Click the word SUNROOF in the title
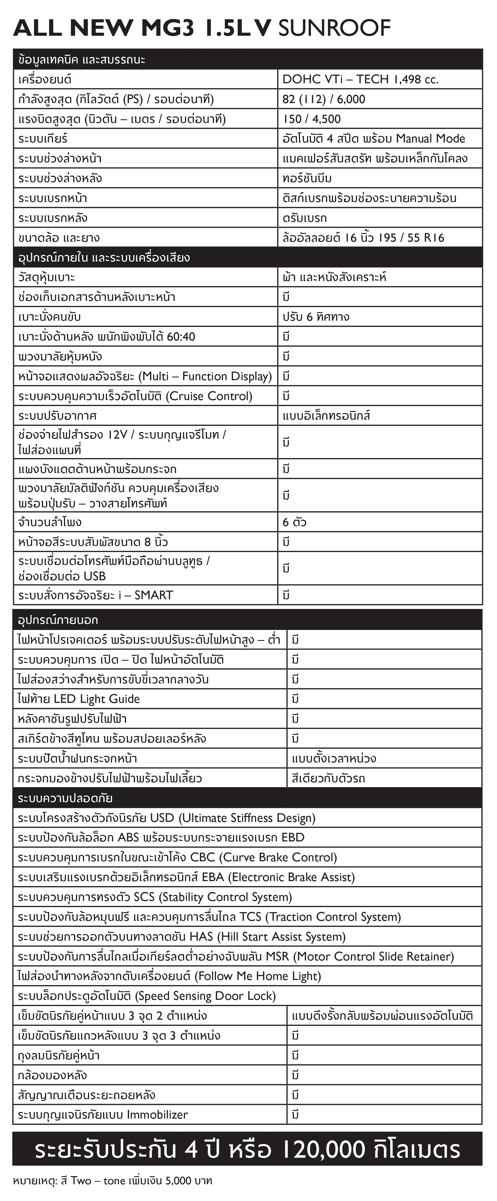[334, 28]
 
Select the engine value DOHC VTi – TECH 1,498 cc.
[360, 79]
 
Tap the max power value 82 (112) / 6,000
[324, 99]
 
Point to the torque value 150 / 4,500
[311, 119]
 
